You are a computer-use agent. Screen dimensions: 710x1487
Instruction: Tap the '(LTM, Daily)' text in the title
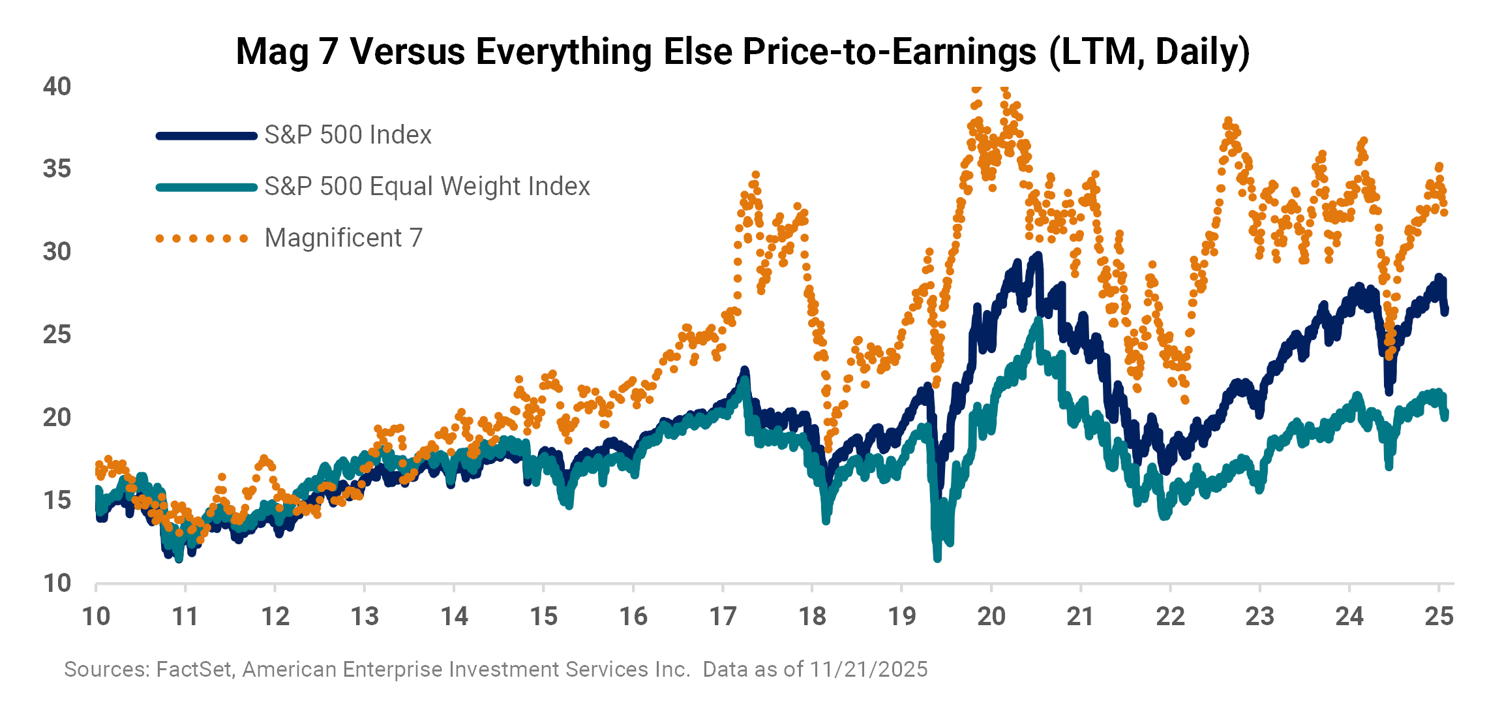click(x=1150, y=52)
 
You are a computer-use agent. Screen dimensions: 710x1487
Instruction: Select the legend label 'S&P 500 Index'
click(x=348, y=135)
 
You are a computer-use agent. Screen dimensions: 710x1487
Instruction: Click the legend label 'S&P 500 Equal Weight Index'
click(x=427, y=187)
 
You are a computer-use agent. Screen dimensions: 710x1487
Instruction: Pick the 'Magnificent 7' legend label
click(x=344, y=238)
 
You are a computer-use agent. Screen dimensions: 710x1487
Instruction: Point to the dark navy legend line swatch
click(x=207, y=136)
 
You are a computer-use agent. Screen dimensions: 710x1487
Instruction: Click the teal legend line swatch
click(x=207, y=187)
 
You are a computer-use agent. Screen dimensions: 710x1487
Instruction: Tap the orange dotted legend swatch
click(x=202, y=238)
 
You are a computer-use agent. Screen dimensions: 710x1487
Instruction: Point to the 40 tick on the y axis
click(x=57, y=86)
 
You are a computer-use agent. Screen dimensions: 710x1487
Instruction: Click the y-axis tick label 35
click(x=57, y=169)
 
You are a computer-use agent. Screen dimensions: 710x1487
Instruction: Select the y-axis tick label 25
click(x=57, y=335)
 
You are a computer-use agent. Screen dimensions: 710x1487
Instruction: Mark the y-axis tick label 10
click(x=57, y=583)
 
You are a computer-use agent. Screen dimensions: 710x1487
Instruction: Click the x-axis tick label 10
click(x=96, y=617)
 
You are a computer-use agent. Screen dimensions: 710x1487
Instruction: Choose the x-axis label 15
click(x=543, y=617)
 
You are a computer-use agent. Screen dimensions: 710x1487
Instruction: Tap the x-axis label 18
click(x=812, y=617)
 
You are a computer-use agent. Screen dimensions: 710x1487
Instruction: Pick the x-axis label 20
click(x=991, y=617)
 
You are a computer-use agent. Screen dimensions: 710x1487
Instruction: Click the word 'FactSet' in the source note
click(x=195, y=670)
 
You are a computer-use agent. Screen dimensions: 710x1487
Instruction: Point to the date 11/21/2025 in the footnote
click(x=869, y=670)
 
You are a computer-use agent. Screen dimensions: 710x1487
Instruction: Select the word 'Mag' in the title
click(x=271, y=52)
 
